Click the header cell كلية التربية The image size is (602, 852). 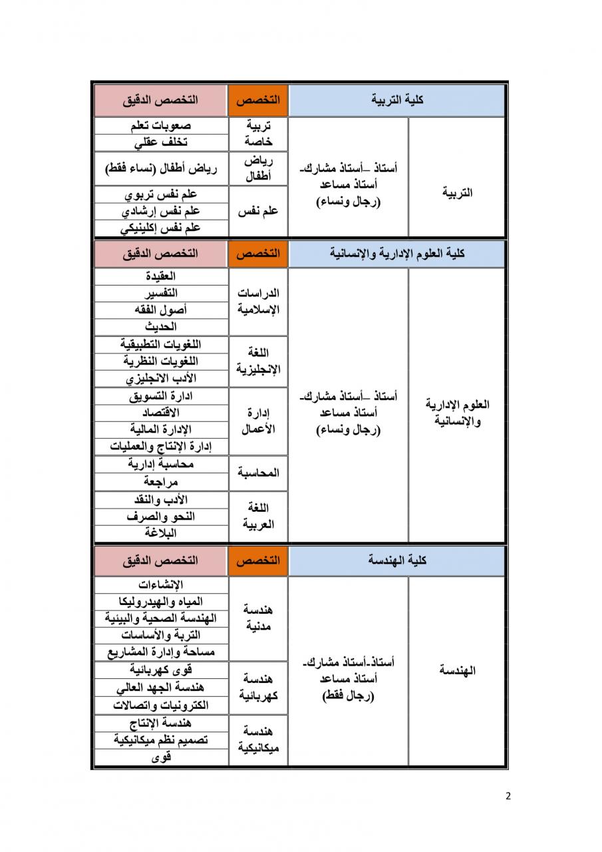click(x=396, y=100)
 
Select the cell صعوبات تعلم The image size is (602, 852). click(x=160, y=126)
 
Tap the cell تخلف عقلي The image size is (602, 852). click(x=160, y=142)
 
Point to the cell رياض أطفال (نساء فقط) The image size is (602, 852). click(x=160, y=168)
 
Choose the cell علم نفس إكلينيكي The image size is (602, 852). click(x=160, y=228)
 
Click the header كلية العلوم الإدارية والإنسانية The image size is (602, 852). click(x=396, y=254)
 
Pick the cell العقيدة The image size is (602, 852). click(x=160, y=276)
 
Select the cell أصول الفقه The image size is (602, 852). click(x=160, y=310)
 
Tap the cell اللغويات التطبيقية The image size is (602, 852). click(x=160, y=344)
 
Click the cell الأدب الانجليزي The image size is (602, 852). click(x=160, y=379)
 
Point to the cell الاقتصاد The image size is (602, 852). click(x=160, y=413)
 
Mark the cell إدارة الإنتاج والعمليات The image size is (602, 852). click(x=160, y=447)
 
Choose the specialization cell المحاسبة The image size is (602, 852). click(x=258, y=473)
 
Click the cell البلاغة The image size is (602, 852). click(x=160, y=533)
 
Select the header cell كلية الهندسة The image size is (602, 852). click(x=396, y=560)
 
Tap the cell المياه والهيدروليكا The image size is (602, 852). click(x=160, y=602)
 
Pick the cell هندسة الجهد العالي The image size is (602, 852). click(x=160, y=688)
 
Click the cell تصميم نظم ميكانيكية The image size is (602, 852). click(x=160, y=740)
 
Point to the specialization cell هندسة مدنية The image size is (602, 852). click(x=258, y=618)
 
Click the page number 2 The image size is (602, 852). click(x=508, y=796)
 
